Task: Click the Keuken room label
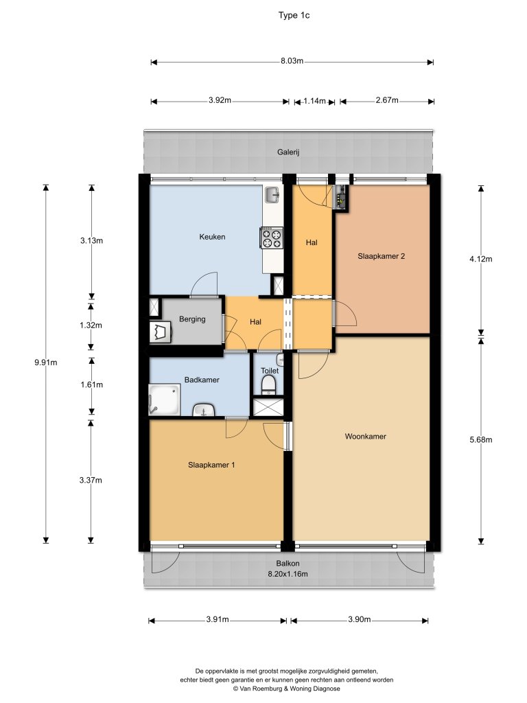(212, 237)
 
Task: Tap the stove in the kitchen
(272, 238)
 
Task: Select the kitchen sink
(272, 195)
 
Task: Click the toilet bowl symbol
(268, 385)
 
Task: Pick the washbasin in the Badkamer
(204, 411)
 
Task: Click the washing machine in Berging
(161, 332)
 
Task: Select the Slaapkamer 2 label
(381, 257)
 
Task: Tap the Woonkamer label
(365, 436)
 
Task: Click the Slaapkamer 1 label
(211, 465)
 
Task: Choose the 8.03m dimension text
(292, 61)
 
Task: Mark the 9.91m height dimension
(46, 362)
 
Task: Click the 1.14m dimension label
(314, 101)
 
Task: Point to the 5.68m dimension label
(481, 440)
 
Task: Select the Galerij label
(288, 152)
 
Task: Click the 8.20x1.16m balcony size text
(288, 573)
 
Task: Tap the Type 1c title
(294, 15)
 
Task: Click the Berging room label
(192, 319)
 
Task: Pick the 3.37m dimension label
(91, 480)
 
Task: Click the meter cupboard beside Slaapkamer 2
(342, 197)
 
